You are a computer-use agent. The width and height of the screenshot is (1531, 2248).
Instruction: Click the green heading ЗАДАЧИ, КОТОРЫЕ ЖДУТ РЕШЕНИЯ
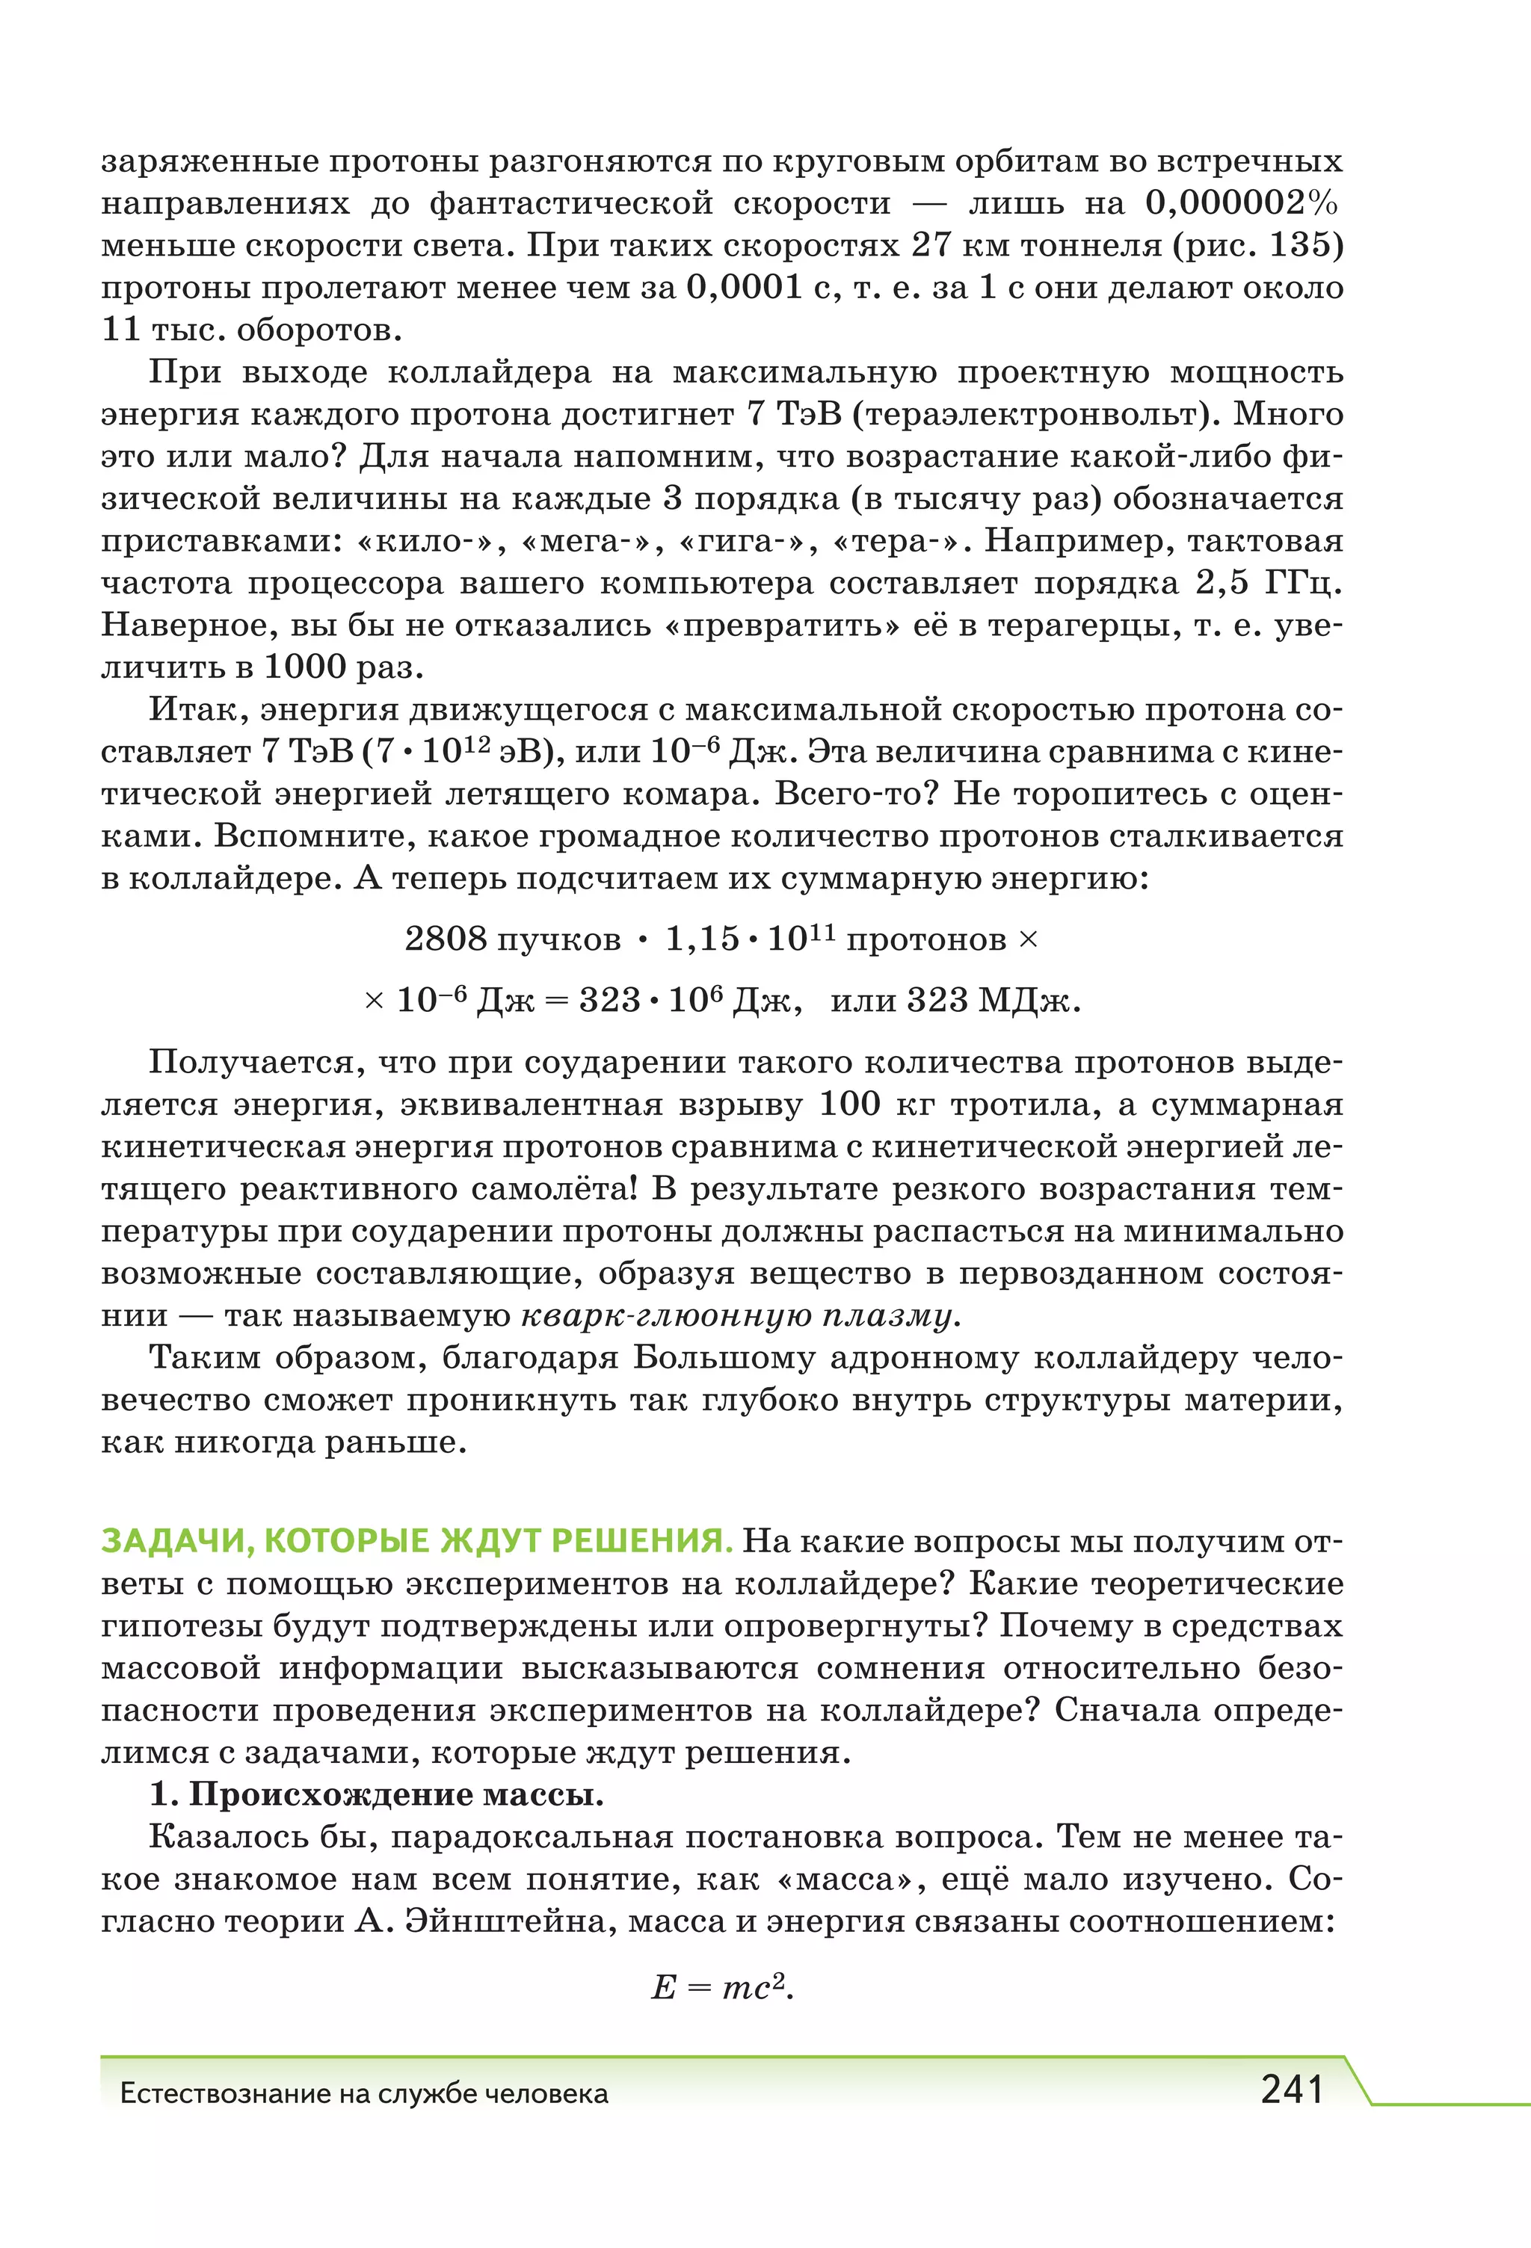click(x=416, y=1541)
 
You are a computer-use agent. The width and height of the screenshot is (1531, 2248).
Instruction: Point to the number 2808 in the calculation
click(x=445, y=938)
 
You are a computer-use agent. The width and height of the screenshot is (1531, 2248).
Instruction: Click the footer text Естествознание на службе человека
click(x=364, y=2093)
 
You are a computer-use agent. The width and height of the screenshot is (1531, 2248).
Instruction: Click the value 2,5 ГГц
click(x=1269, y=583)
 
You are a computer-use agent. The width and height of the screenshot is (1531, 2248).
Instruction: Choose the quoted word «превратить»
click(x=782, y=626)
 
